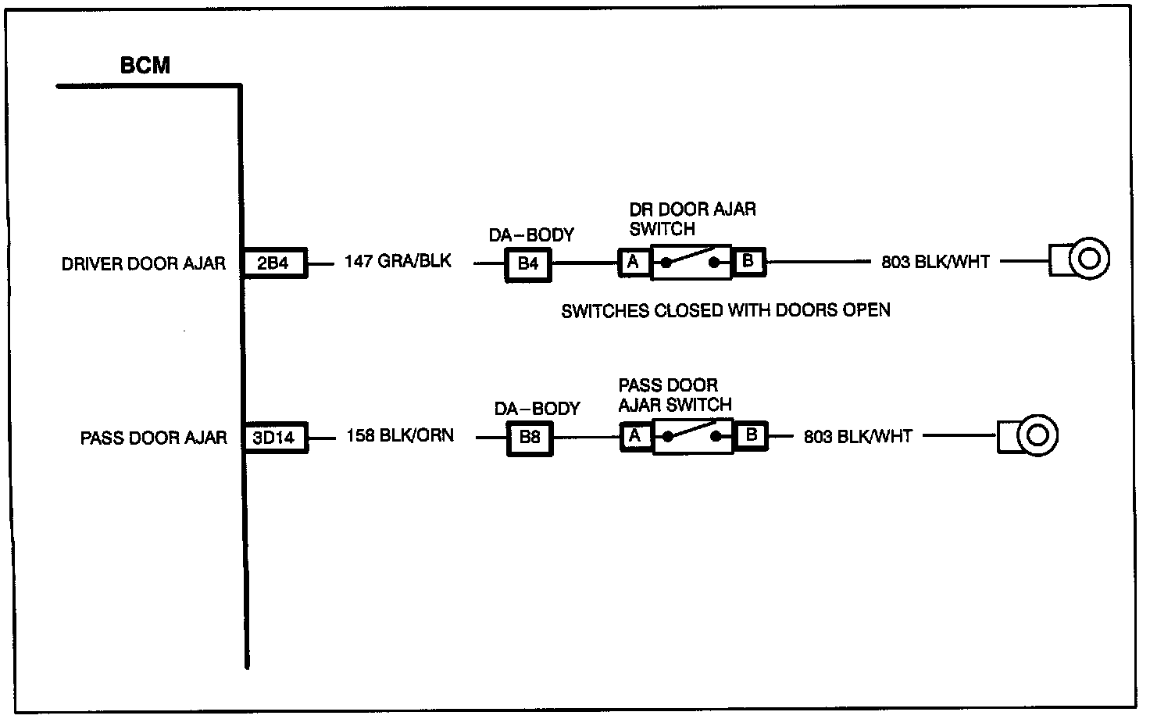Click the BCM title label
coord(145,65)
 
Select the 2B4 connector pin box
coord(275,263)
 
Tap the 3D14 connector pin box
coord(275,438)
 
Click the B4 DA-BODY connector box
coord(528,264)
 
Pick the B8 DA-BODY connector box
coord(530,438)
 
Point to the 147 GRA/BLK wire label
coord(398,261)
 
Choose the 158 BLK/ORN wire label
coord(400,435)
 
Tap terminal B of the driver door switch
coord(748,261)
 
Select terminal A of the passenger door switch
coord(636,437)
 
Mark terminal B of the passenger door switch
coord(751,435)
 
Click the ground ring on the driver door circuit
coord(1089,259)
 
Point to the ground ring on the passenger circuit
coord(1037,435)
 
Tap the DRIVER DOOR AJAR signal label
coord(144,264)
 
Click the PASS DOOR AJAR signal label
coord(153,438)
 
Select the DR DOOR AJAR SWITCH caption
coord(692,219)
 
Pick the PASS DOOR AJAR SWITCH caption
coord(675,395)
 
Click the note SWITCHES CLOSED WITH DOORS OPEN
coord(726,310)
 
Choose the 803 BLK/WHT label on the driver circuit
coord(935,262)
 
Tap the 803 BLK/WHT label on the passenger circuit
coord(858,437)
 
